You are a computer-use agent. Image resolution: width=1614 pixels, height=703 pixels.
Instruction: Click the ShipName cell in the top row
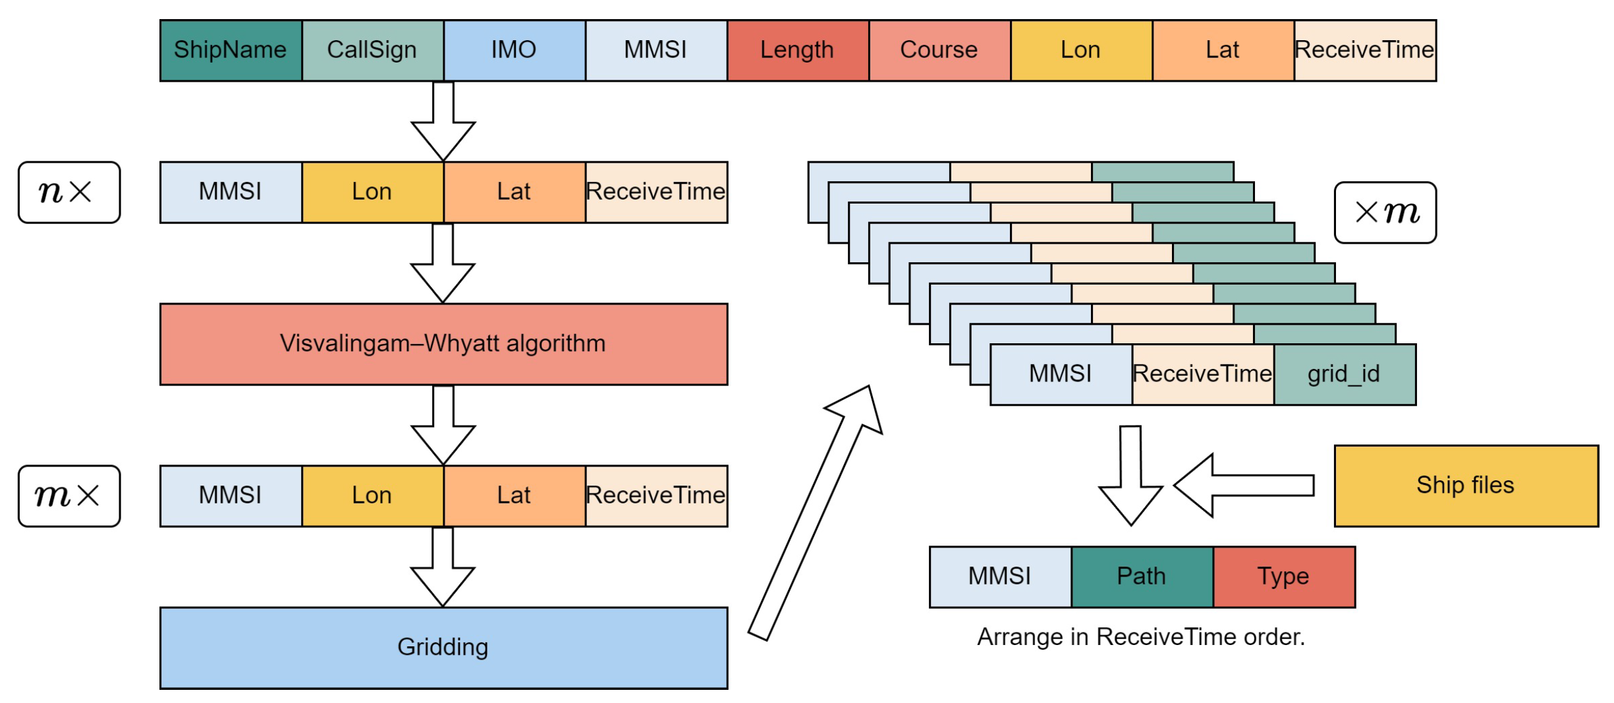point(231,51)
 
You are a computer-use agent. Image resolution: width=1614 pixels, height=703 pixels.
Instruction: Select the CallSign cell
point(372,51)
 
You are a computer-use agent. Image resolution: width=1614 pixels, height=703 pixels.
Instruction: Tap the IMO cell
point(514,51)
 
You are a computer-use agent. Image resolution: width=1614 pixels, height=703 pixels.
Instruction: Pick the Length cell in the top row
point(797,51)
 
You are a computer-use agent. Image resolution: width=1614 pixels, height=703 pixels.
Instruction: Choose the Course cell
point(939,51)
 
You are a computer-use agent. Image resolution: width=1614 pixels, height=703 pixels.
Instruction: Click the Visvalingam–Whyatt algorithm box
point(443,344)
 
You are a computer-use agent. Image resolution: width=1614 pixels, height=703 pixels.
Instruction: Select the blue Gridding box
point(443,648)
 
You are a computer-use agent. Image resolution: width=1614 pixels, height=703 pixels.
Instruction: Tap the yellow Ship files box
point(1466,486)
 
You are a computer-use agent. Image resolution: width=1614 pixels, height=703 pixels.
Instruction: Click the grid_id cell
point(1344,374)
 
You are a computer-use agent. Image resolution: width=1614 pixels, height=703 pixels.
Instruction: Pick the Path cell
point(1142,576)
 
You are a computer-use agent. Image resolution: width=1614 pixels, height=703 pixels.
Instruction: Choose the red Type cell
point(1283,576)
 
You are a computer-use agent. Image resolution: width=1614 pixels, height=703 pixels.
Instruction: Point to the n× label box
point(69,192)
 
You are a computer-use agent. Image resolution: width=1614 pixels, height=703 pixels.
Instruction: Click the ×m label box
point(1385,213)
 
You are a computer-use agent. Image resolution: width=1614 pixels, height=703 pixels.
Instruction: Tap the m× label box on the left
point(69,496)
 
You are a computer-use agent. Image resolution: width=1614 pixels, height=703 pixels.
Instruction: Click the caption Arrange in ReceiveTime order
point(1140,637)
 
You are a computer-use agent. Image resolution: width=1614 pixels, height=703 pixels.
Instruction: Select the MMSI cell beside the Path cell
point(999,576)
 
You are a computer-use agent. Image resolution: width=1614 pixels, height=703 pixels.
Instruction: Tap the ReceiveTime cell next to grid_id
point(1202,374)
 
